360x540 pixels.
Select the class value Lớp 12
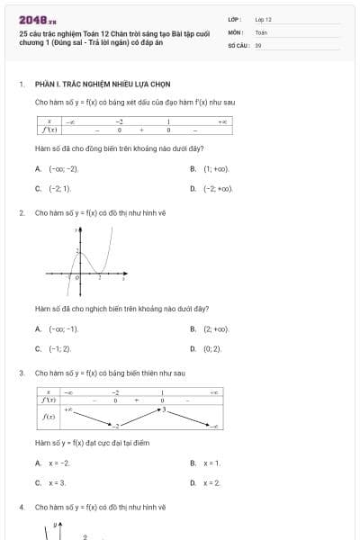tap(263, 19)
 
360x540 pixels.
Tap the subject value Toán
tap(261, 31)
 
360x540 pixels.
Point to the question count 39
tap(258, 45)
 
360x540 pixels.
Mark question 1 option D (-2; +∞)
tap(218, 189)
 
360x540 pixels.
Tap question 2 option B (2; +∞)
tap(216, 328)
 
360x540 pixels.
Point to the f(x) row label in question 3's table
tap(51, 417)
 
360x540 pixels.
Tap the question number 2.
tap(21, 213)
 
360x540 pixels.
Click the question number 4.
tap(21, 508)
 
